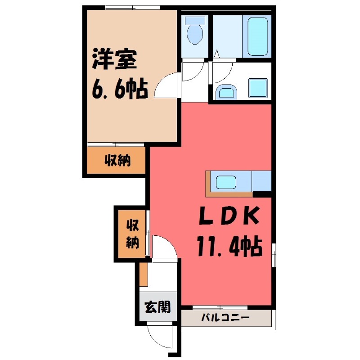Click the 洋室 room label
[115, 62]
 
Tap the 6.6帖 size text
[120, 90]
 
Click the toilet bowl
[195, 35]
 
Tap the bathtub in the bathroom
[258, 36]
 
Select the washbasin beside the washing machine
[225, 93]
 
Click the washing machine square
[258, 88]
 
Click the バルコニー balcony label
[225, 318]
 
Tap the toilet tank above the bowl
[195, 20]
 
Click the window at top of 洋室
[133, 7]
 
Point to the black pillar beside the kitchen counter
[262, 194]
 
